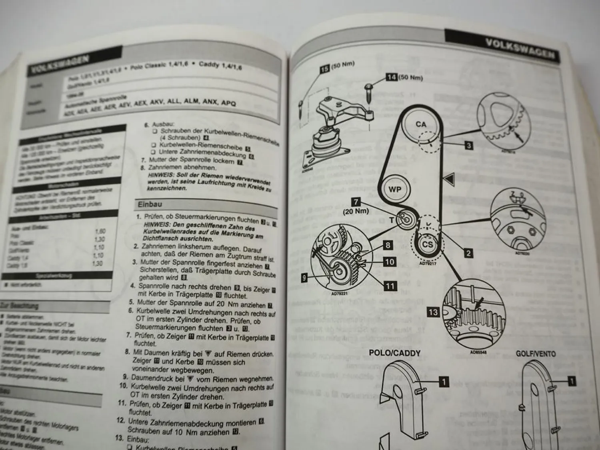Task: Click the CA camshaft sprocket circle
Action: point(421,125)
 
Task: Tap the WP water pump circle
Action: point(395,189)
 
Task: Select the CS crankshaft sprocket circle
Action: point(428,244)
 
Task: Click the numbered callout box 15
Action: point(325,69)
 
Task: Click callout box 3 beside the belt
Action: point(469,145)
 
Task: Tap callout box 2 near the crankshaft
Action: point(468,253)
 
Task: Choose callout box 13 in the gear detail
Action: point(433,312)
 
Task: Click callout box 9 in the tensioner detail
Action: point(304,278)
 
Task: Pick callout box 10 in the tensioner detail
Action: point(390,262)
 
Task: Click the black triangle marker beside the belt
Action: point(450,179)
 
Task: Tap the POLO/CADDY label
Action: point(394,353)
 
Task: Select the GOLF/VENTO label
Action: point(536,354)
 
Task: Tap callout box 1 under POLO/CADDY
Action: point(444,382)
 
